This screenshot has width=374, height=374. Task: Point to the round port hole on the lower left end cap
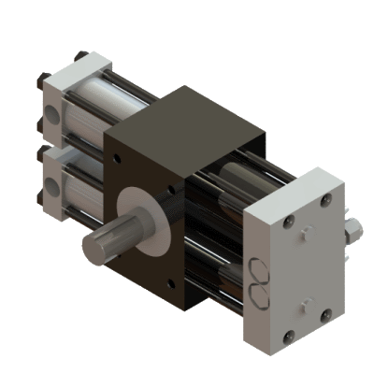coord(52,183)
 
